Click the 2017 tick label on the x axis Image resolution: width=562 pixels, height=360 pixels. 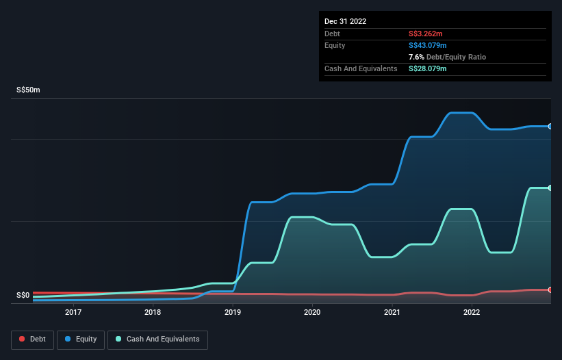click(x=73, y=312)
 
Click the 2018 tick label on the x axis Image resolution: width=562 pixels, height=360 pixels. click(x=153, y=312)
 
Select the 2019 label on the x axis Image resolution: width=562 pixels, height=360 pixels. click(x=233, y=312)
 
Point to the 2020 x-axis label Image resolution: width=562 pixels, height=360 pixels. click(x=312, y=312)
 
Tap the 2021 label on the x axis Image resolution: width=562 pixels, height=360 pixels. click(x=392, y=312)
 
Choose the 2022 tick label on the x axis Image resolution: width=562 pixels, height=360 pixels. click(x=472, y=312)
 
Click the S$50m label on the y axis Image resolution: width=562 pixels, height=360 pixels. click(x=28, y=90)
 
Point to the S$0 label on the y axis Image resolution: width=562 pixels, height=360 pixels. click(x=23, y=296)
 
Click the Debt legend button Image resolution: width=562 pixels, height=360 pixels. click(x=32, y=339)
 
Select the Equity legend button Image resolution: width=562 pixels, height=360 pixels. click(x=81, y=339)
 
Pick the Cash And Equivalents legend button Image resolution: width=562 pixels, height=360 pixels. click(x=157, y=339)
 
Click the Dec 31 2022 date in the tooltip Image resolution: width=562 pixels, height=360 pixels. click(x=346, y=21)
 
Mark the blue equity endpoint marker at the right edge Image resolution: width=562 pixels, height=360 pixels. click(x=550, y=126)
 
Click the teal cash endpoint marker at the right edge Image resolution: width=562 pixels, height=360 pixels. click(x=550, y=188)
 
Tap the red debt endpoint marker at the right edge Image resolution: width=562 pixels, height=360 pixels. click(x=550, y=290)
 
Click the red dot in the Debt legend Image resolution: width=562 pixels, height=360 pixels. click(x=23, y=339)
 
